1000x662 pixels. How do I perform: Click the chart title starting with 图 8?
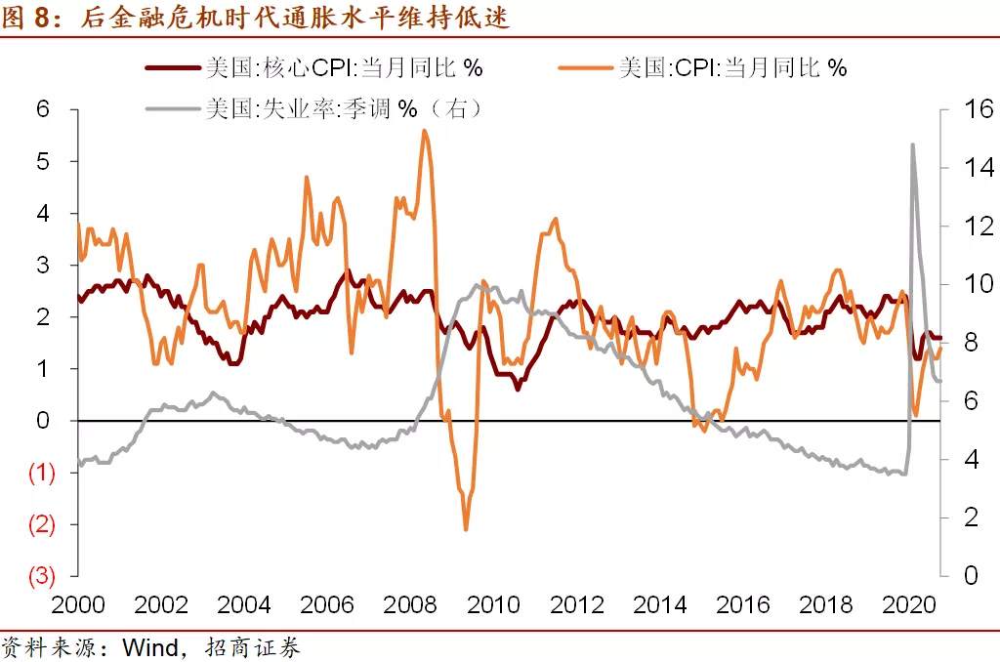point(255,17)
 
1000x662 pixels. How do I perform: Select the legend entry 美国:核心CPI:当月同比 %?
point(314,67)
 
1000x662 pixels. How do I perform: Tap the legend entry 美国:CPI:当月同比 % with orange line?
point(703,67)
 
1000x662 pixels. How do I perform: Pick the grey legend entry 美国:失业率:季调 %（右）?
point(314,108)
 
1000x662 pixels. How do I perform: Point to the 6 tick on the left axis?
point(43,109)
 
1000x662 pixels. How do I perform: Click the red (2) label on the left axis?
point(41,524)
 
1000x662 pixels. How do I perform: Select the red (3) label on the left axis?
point(41,576)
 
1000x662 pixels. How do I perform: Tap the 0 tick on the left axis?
point(43,420)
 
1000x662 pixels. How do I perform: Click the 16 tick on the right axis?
point(979,109)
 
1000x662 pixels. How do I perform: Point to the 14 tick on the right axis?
point(979,168)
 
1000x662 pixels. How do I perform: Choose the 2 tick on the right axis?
point(971,517)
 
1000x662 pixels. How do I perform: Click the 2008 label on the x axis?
point(410,604)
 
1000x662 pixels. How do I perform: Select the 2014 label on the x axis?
point(659,604)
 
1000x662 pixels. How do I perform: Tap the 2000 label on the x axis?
point(78,604)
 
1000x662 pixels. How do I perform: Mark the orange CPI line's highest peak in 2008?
point(425,131)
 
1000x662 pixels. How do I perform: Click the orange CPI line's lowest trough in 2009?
point(466,528)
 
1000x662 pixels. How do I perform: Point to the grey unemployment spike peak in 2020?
point(913,145)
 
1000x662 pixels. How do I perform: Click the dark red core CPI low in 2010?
point(518,389)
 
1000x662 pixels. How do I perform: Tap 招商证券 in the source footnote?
point(253,648)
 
